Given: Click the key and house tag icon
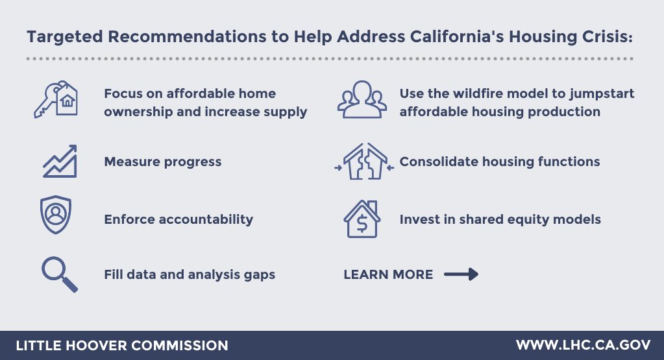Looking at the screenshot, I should tap(56, 99).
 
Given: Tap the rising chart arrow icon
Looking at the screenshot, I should tap(60, 161).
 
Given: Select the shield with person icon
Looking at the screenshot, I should tap(56, 215).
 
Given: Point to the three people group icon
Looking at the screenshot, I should tap(362, 100).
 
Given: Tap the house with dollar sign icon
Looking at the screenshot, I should tap(362, 219).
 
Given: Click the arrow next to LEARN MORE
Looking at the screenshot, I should tap(461, 274).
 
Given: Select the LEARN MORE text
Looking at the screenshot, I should tap(388, 274).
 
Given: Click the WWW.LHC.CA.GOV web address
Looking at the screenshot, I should tap(583, 345).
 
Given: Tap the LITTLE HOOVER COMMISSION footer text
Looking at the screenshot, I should tap(121, 345).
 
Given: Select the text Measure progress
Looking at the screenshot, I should tap(162, 162).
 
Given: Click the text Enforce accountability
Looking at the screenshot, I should tap(178, 219).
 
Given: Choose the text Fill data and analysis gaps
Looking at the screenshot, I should tap(190, 274).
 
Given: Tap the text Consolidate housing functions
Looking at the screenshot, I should tap(500, 162).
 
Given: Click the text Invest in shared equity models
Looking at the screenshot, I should tap(500, 219).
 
